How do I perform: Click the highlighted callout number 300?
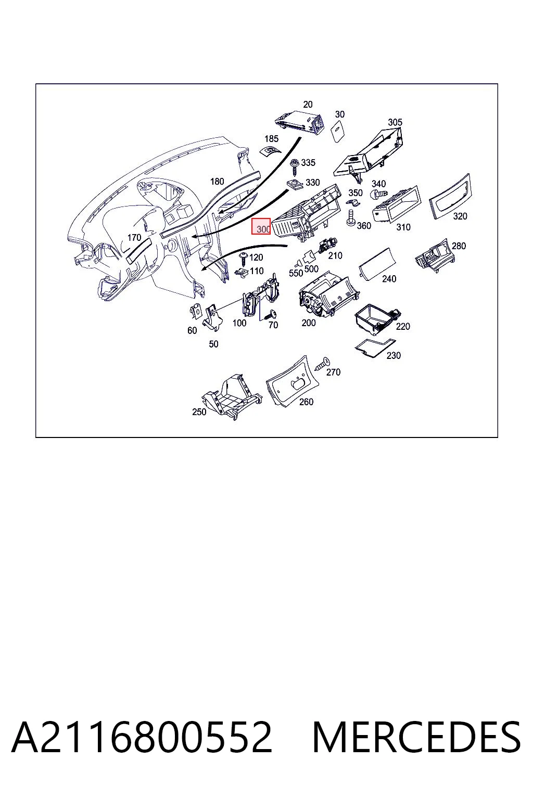(263, 229)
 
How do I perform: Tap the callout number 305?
(395, 122)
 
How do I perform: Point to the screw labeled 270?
(322, 364)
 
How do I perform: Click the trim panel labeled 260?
(293, 381)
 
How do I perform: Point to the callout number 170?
(134, 237)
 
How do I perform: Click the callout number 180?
(217, 182)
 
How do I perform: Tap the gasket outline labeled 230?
(375, 347)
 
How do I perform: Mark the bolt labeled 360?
(351, 218)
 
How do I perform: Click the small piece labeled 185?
(269, 151)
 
